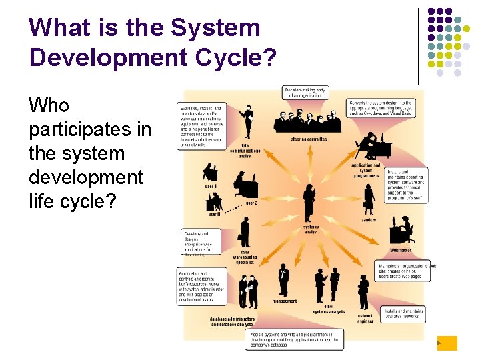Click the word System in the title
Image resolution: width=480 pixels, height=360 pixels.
215,28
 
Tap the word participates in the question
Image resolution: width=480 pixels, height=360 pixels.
90,129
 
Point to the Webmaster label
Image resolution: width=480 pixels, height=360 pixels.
401,250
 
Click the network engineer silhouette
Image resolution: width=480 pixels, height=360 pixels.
363,292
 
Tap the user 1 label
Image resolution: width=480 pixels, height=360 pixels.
211,186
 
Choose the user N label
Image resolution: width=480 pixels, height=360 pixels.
213,214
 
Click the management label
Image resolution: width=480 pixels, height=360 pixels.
285,301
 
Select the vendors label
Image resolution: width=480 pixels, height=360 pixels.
369,219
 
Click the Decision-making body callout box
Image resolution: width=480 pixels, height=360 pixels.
305,93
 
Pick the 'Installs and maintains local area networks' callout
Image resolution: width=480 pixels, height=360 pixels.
404,314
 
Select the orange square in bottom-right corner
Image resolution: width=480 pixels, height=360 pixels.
447,343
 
